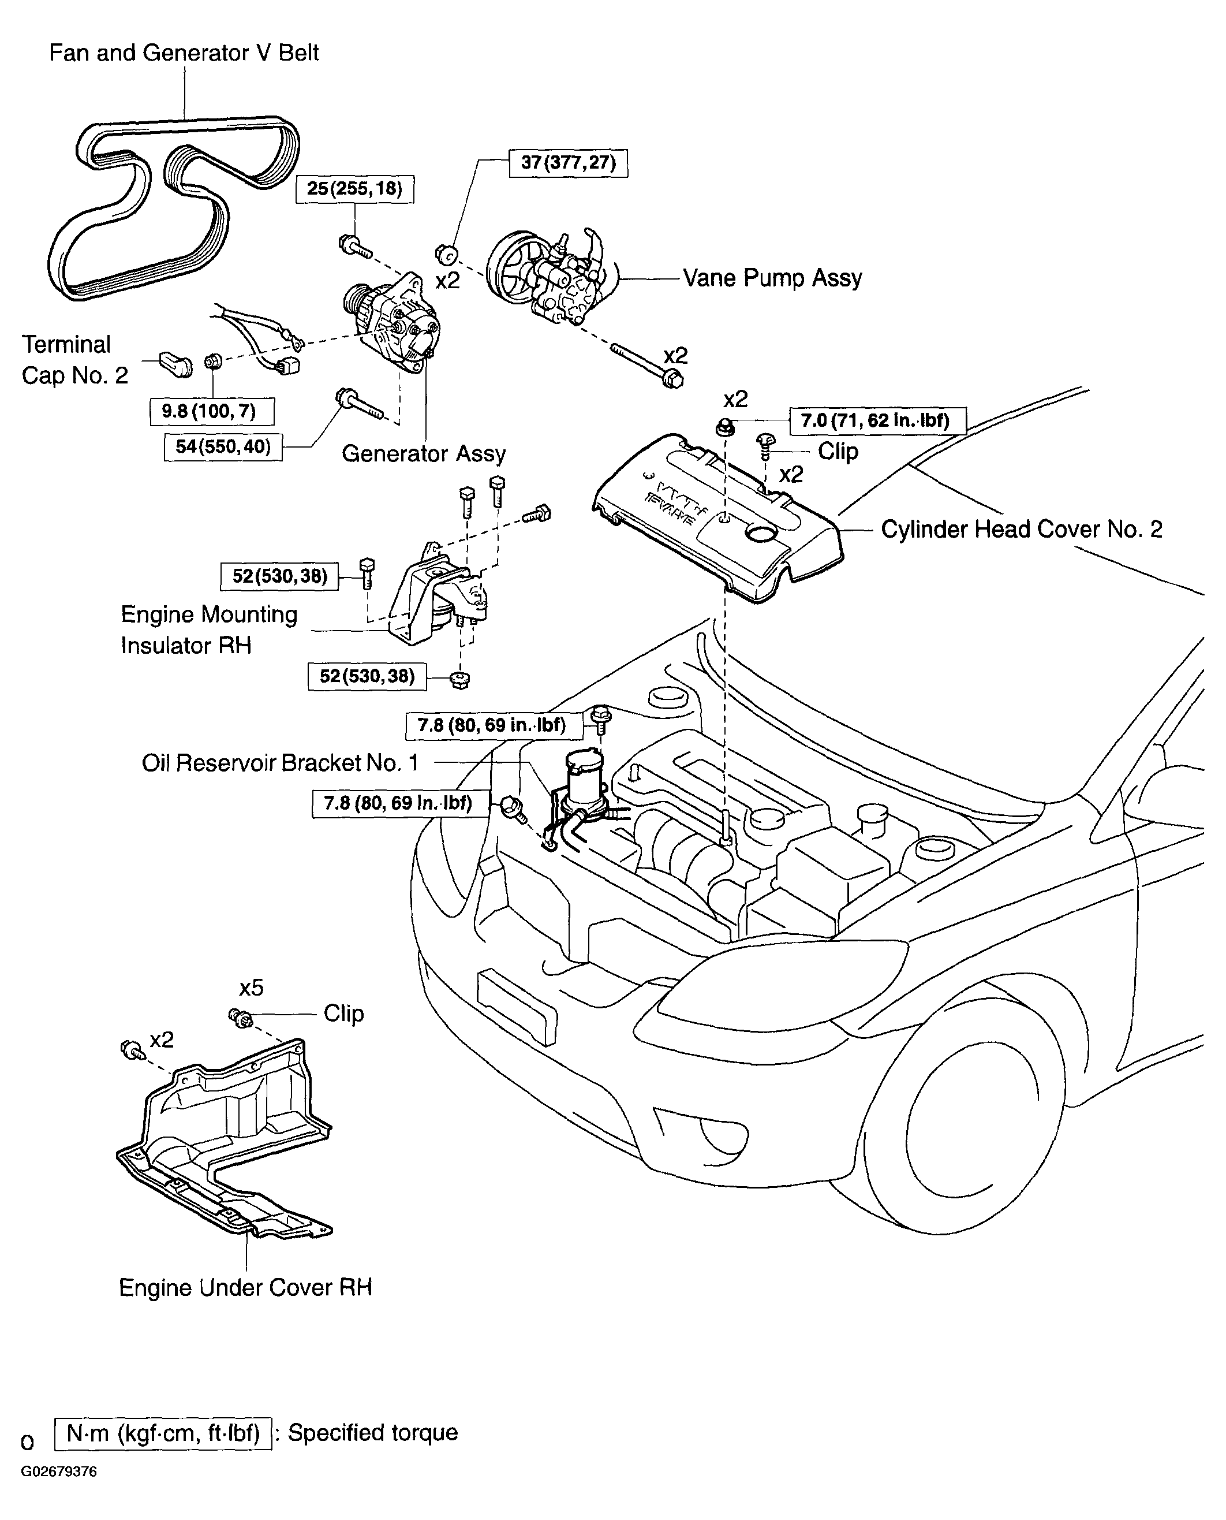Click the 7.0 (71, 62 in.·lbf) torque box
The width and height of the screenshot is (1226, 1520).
pyautogui.click(x=877, y=421)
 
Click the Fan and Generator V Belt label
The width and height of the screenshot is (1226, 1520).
pyautogui.click(x=184, y=53)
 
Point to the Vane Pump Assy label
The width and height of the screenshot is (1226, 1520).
pyautogui.click(x=773, y=278)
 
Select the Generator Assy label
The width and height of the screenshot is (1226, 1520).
pyautogui.click(x=424, y=454)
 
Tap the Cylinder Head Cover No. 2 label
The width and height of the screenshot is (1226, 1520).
pyautogui.click(x=1021, y=529)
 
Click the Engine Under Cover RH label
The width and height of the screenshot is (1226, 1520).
pyautogui.click(x=245, y=1287)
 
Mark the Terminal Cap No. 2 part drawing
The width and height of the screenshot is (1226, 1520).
pyautogui.click(x=176, y=363)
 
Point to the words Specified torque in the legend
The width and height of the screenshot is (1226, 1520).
pyautogui.click(x=373, y=1433)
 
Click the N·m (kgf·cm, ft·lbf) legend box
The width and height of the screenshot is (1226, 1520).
pyautogui.click(x=163, y=1434)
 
